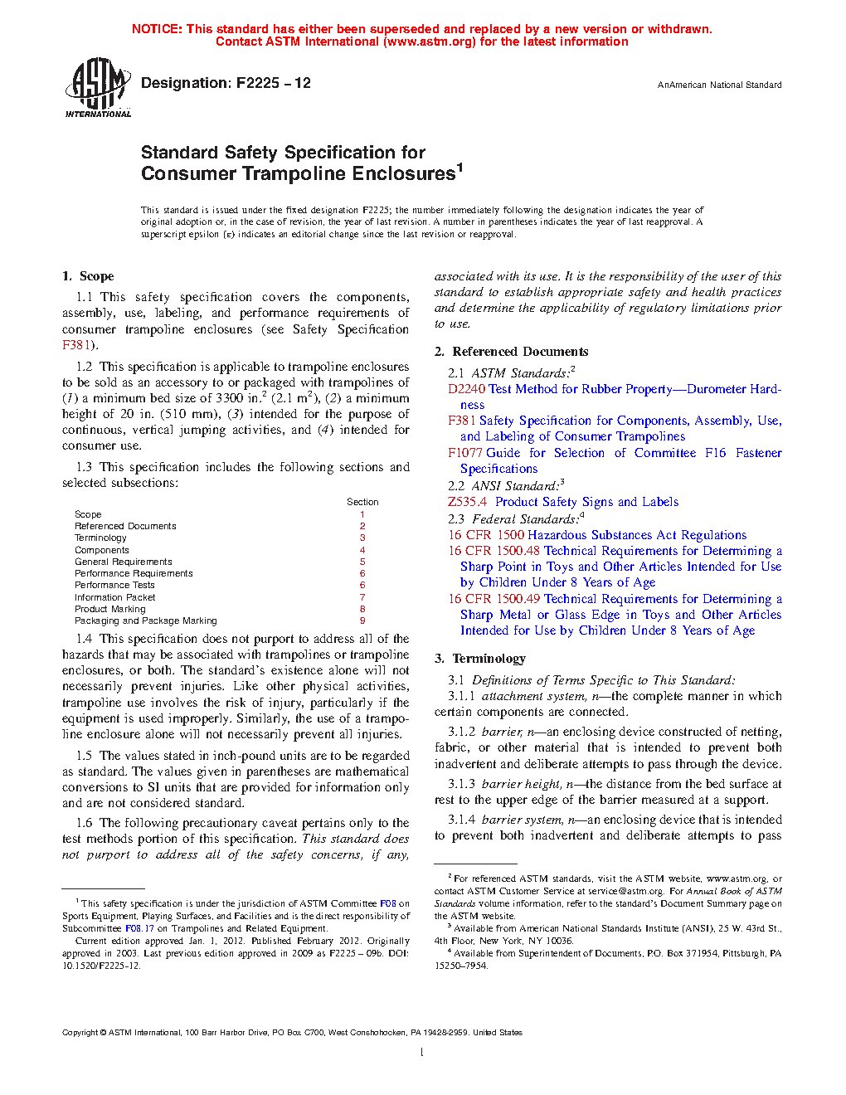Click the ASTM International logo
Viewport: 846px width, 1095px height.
[97, 87]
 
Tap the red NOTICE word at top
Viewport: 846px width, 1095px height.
[157, 29]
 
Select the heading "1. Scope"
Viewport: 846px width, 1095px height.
[88, 276]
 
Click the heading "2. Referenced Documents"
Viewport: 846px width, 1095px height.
[511, 352]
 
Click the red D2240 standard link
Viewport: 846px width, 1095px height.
[466, 389]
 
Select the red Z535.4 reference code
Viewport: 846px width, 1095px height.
[467, 502]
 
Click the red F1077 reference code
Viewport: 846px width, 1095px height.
[465, 453]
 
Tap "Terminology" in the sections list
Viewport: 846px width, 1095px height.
[100, 538]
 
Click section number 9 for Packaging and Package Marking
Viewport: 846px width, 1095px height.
[362, 620]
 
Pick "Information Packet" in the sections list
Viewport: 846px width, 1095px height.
[114, 597]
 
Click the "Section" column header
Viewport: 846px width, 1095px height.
[362, 502]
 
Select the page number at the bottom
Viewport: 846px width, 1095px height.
[422, 1053]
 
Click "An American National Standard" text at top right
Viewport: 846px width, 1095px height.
[719, 85]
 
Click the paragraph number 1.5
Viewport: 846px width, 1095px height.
[84, 756]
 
